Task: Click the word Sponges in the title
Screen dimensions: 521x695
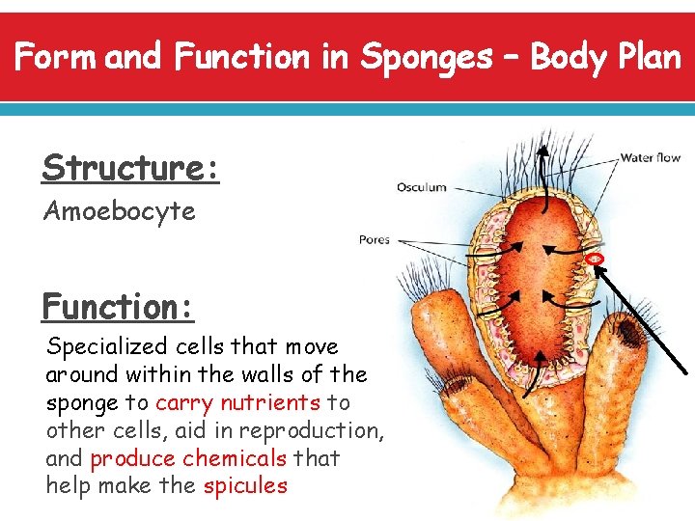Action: pos(426,58)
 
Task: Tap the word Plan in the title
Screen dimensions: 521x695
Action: pos(649,58)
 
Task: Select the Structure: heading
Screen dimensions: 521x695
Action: pos(131,168)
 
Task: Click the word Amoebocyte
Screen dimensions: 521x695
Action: pos(120,210)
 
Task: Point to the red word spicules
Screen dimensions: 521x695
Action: pos(245,485)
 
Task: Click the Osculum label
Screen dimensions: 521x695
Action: pos(422,187)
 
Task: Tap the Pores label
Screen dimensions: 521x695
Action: pos(374,239)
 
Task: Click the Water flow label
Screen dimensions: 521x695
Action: pos(650,157)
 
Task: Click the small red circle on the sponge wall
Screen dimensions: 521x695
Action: pos(595,259)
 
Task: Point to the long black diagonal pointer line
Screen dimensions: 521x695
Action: pos(642,317)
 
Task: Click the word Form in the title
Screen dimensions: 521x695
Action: pos(54,58)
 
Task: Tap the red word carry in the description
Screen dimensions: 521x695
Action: pos(185,402)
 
